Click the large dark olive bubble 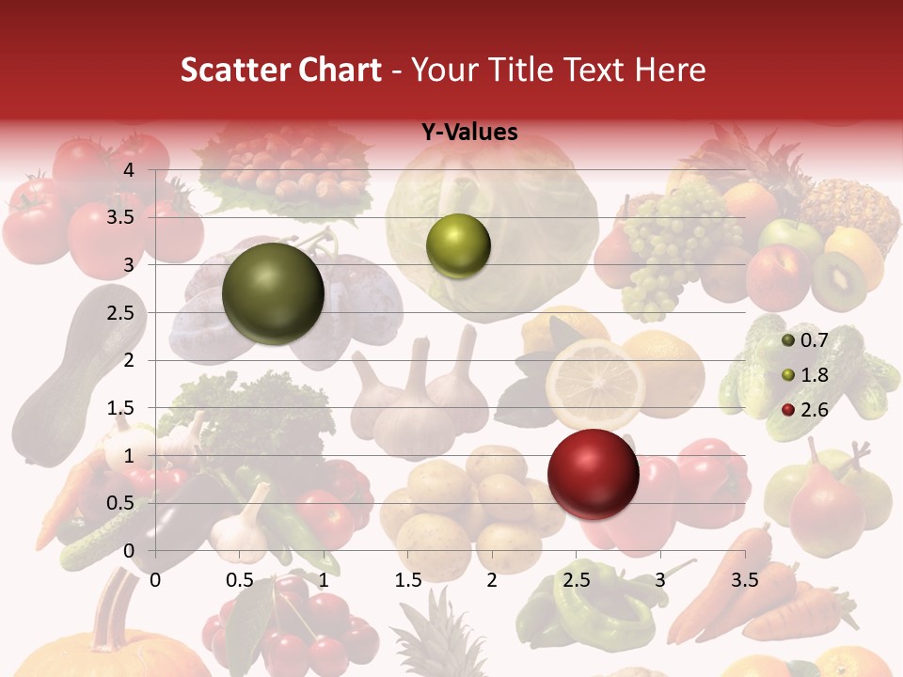click(273, 293)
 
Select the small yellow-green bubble click(458, 245)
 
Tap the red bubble click(593, 474)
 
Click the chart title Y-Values click(469, 133)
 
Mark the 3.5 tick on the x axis click(745, 580)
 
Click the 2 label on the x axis click(492, 580)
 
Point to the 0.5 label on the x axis click(240, 580)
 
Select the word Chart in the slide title click(340, 71)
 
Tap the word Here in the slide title click(669, 71)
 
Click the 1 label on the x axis click(324, 580)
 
